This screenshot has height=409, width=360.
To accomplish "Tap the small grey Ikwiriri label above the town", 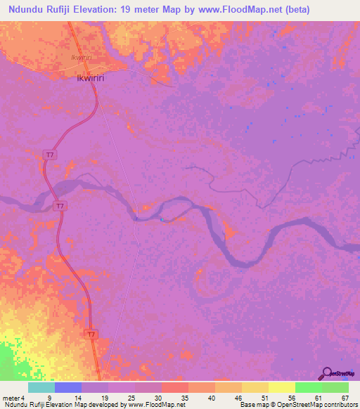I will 82,58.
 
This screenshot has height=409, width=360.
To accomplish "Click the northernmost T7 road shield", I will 48,153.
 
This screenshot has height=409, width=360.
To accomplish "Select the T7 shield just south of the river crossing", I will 61,206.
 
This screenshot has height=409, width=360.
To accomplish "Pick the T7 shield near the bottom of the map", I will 91,334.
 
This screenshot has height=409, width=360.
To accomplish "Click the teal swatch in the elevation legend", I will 41,387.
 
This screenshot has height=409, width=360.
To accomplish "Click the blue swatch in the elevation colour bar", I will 68,387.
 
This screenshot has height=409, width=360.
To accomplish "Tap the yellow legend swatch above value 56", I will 281,387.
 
